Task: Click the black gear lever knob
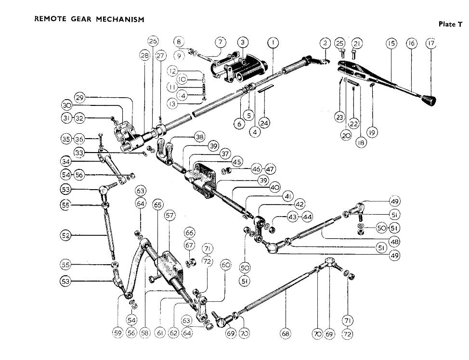pos(430,101)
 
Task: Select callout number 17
pos(430,43)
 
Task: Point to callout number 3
pos(243,43)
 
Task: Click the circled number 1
pos(273,43)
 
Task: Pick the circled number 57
pos(170,216)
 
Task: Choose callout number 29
pos(80,98)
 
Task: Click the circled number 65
pos(157,205)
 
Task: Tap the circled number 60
pos(226,265)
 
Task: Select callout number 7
pos(220,42)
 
